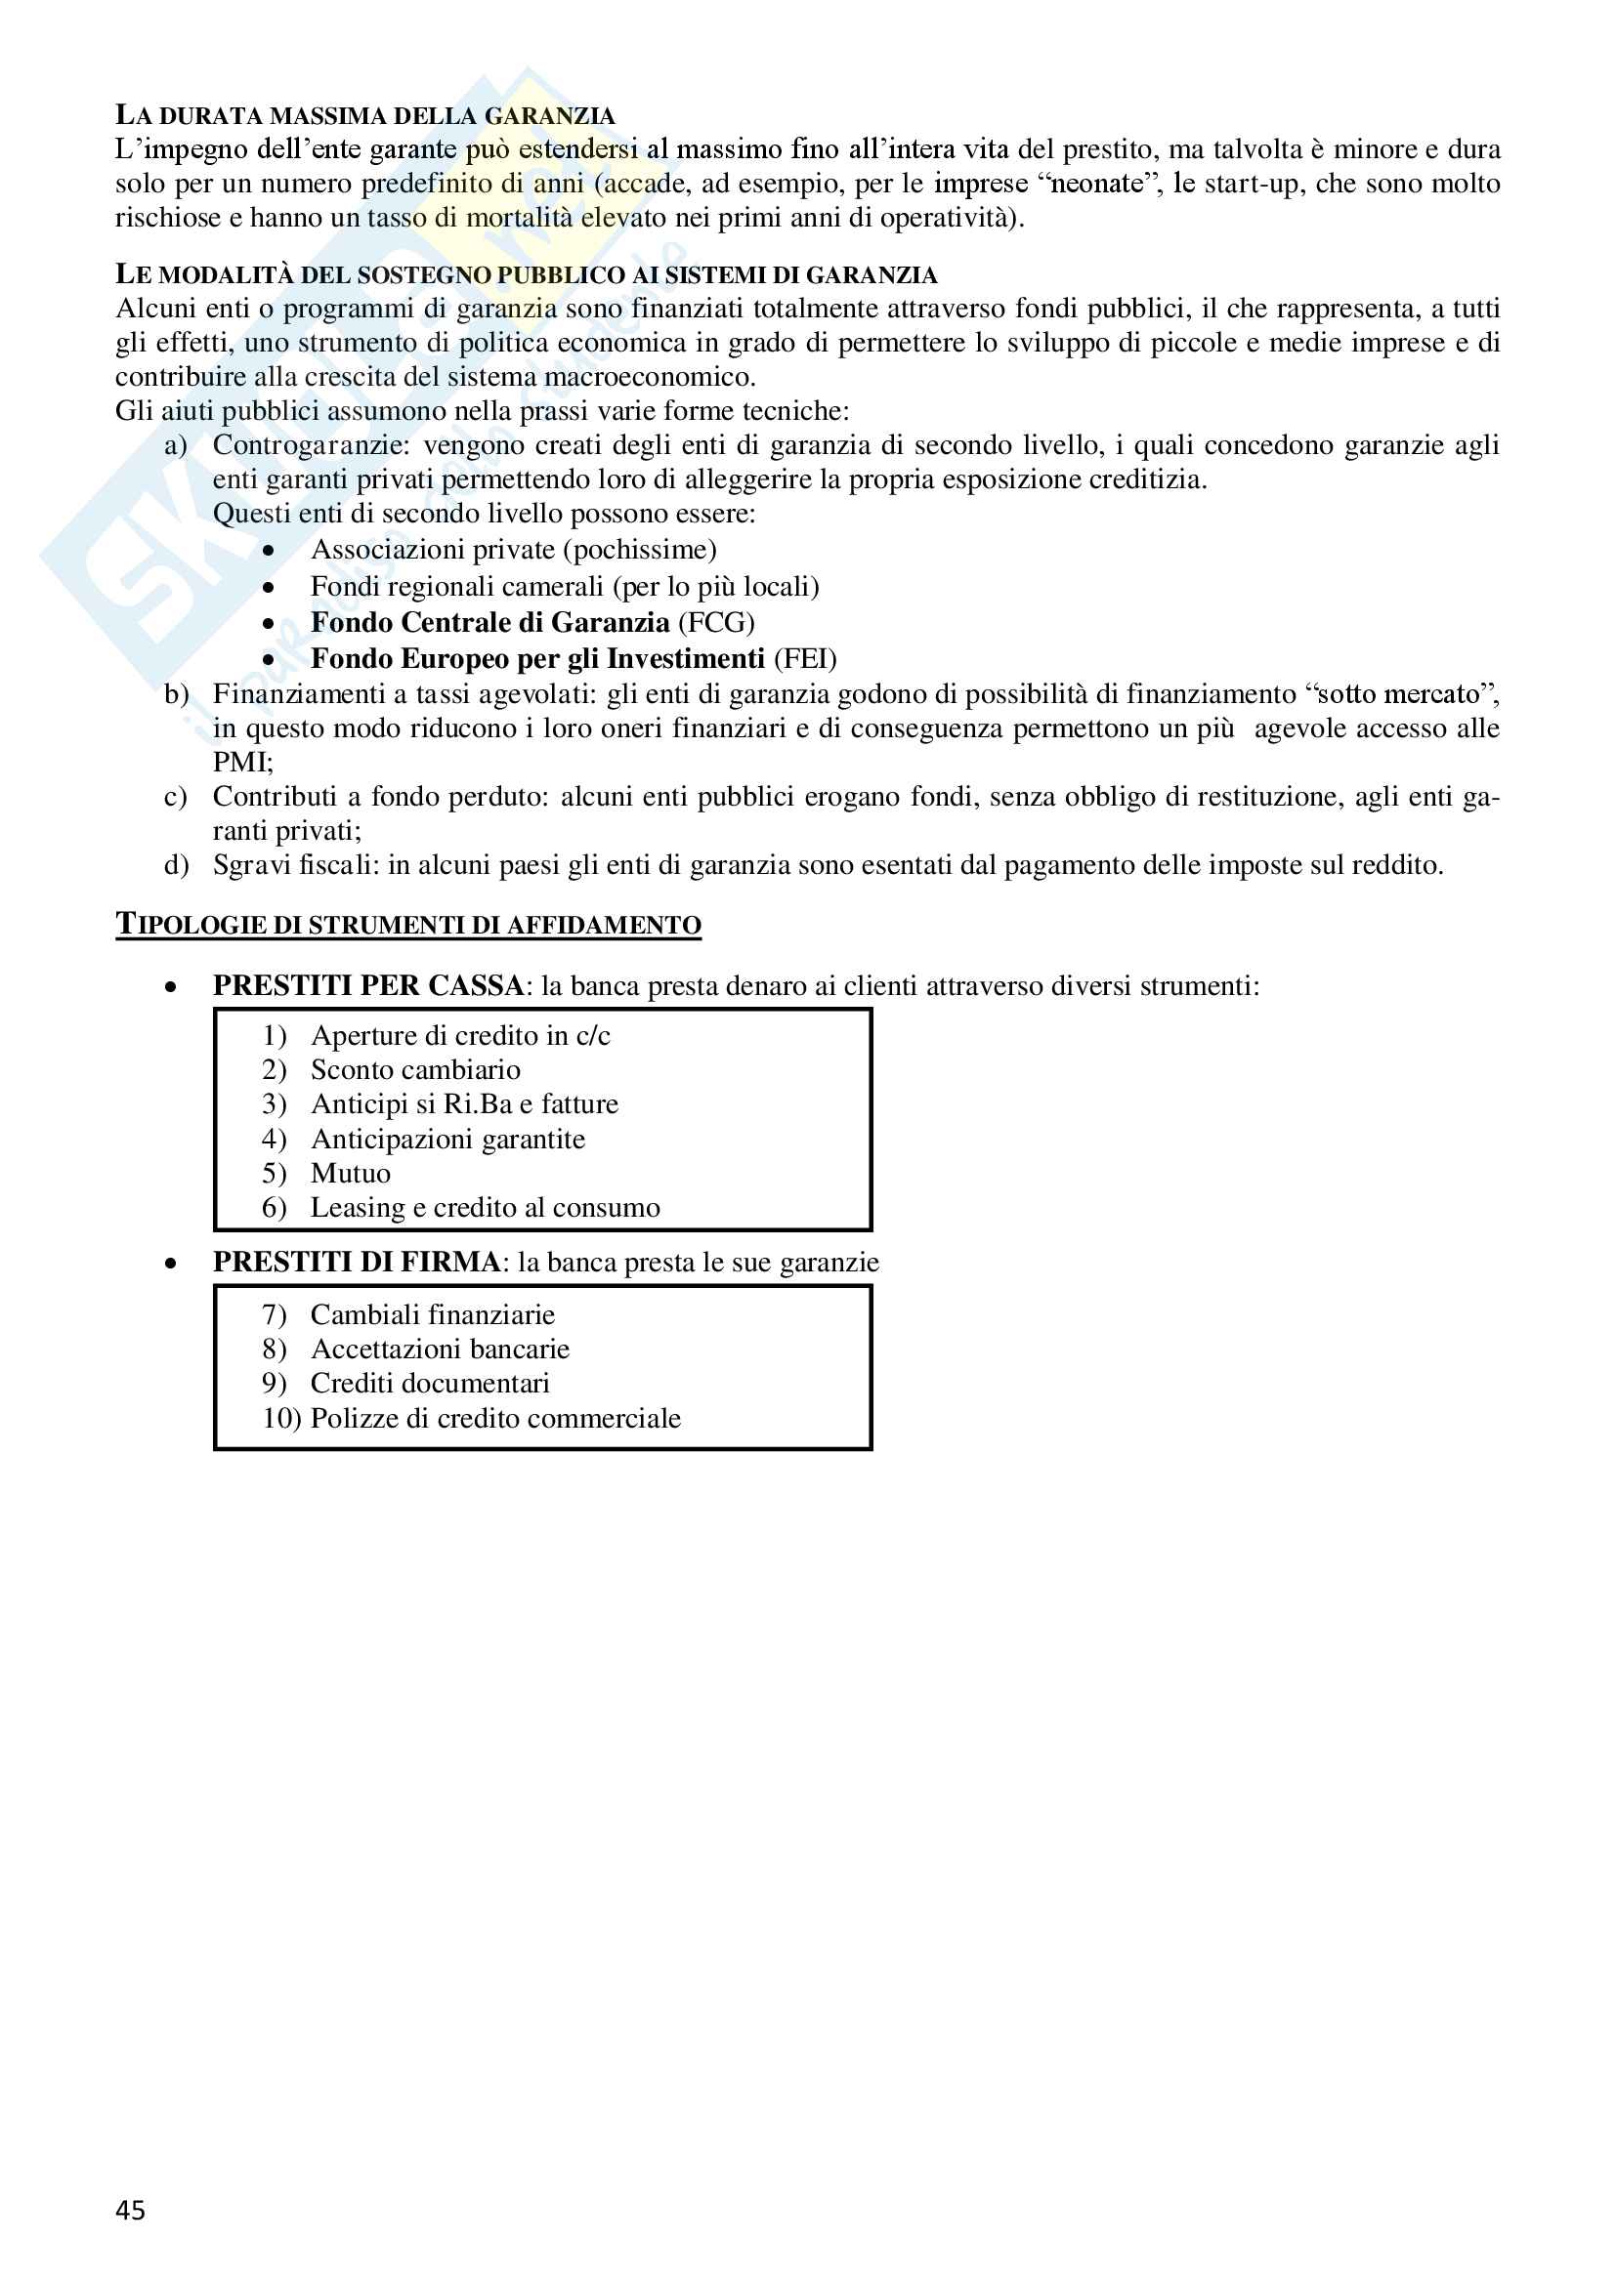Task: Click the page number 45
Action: point(130,2211)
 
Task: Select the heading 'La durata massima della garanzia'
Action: point(365,115)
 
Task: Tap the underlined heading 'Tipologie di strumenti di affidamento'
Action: point(408,925)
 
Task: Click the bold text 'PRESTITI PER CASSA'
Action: point(368,986)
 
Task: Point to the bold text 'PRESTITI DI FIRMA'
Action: point(357,1263)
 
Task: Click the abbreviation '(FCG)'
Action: point(716,623)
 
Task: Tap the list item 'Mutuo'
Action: point(351,1174)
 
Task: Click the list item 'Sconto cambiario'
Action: point(415,1070)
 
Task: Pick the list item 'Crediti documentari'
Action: point(430,1384)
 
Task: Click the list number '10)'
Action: point(281,1419)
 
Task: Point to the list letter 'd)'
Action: point(176,865)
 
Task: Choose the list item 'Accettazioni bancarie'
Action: point(440,1350)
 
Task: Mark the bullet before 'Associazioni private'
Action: point(269,551)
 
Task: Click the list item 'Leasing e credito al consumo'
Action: point(485,1209)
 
